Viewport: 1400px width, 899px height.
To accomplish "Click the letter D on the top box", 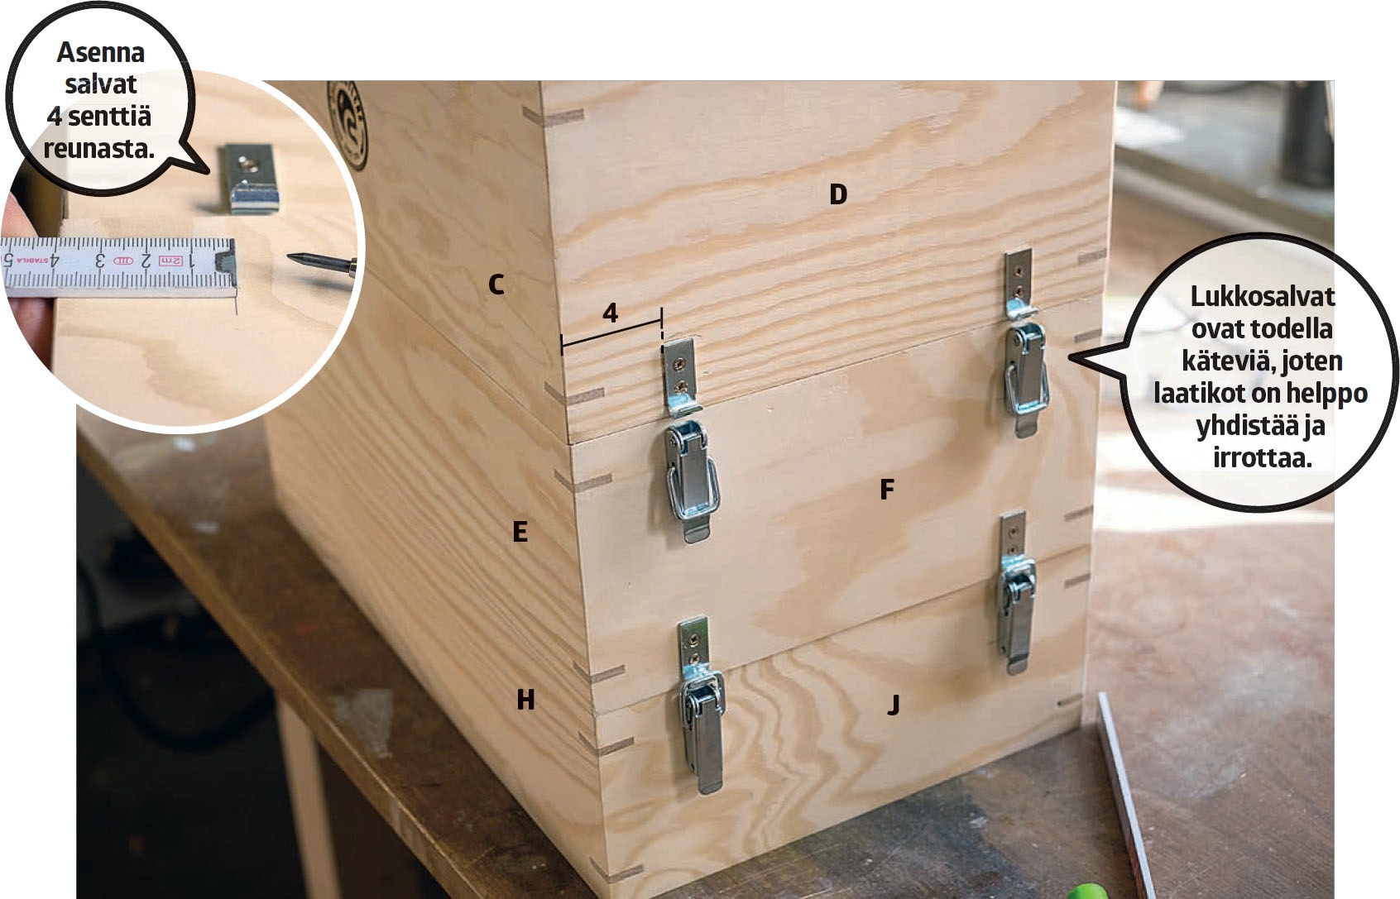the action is (838, 194).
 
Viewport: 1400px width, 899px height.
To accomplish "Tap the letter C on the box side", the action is (496, 285).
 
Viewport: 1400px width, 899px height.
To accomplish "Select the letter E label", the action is (520, 532).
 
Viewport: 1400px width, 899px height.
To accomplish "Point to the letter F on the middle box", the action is (887, 489).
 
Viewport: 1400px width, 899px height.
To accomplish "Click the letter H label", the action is (525, 701).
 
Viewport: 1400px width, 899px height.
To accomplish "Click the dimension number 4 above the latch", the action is (611, 313).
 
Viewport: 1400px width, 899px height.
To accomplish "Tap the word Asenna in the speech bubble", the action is (101, 52).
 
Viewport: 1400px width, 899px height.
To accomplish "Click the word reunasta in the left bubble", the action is (98, 149).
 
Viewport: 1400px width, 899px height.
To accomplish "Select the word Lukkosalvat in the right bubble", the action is (1263, 296).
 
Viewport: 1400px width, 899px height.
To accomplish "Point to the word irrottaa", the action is (1263, 458).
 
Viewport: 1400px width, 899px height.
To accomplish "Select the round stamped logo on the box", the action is (348, 125).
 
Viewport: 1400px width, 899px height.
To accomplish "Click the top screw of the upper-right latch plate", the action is (1019, 271).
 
